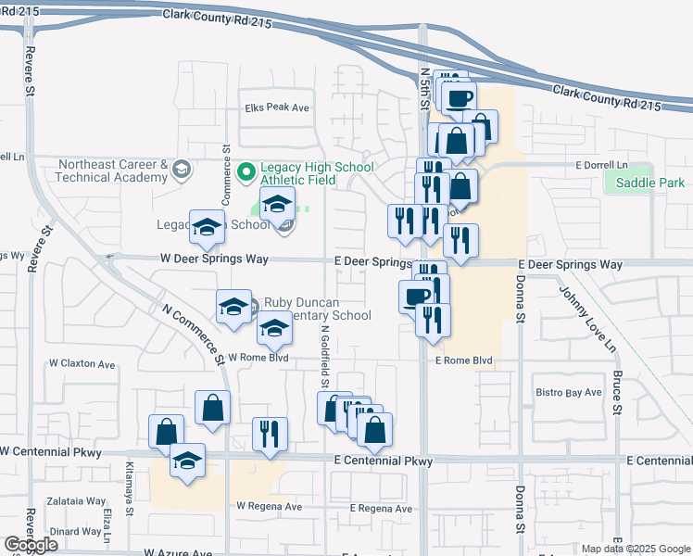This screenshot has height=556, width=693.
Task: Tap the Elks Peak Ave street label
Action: pyautogui.click(x=276, y=107)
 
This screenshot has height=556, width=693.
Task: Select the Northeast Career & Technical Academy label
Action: pyautogui.click(x=112, y=171)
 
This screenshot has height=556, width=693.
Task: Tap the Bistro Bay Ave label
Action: pyautogui.click(x=569, y=393)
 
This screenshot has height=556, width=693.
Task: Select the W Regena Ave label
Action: pyautogui.click(x=269, y=507)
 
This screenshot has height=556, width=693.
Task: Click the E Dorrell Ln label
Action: pyautogui.click(x=601, y=165)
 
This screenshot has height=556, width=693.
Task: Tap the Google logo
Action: pyautogui.click(x=31, y=544)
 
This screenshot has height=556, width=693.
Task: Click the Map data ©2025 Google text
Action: pyautogui.click(x=635, y=549)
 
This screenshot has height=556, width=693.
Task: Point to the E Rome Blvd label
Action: pyautogui.click(x=462, y=360)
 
